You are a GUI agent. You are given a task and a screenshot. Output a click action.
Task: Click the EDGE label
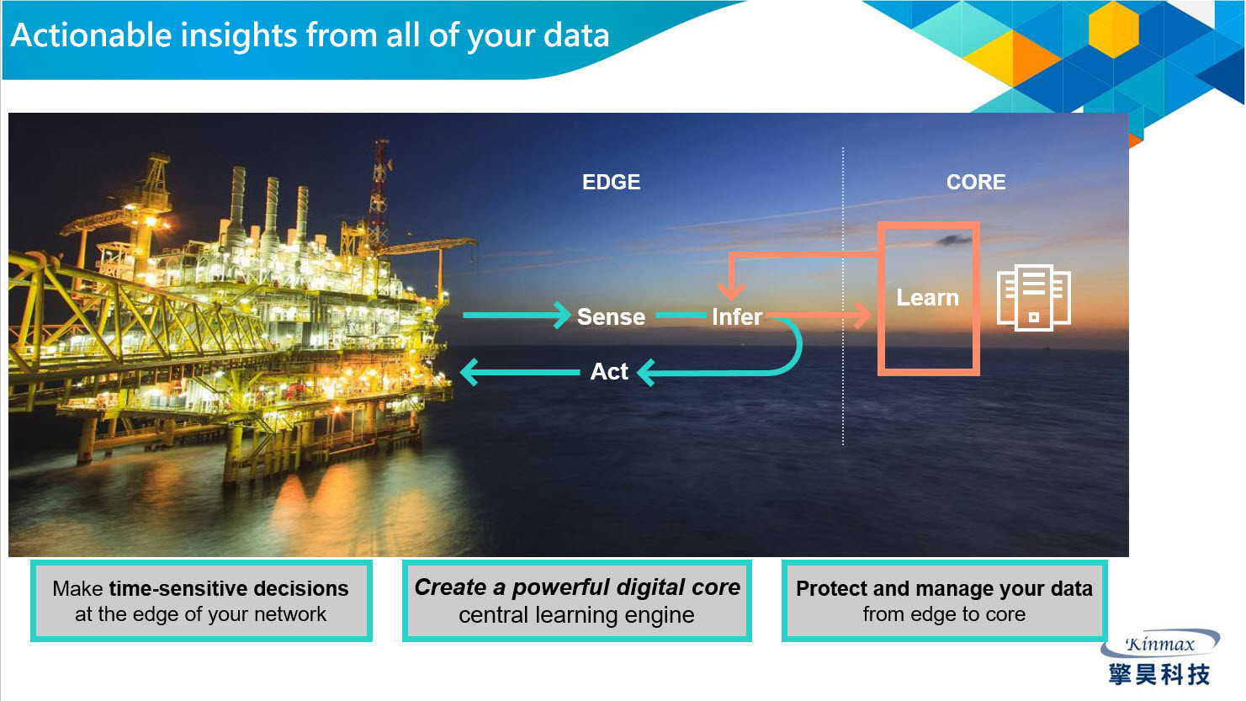(612, 182)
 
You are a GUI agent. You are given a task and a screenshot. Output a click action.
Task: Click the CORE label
(976, 182)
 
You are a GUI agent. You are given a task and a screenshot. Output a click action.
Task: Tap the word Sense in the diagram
(612, 316)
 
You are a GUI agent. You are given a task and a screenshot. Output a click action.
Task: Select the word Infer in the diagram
(737, 316)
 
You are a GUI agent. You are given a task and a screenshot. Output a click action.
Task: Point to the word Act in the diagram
(609, 371)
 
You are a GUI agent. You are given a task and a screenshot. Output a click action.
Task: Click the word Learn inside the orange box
(928, 298)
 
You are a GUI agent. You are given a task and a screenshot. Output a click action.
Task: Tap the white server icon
(1033, 298)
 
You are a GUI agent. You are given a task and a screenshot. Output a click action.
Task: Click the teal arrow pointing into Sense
(517, 316)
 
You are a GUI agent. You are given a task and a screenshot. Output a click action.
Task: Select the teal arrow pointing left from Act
(520, 372)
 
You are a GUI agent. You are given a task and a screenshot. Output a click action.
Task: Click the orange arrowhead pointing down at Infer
(731, 290)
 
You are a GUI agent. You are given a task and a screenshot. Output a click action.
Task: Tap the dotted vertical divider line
(843, 296)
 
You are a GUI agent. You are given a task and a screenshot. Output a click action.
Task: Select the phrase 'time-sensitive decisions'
(229, 588)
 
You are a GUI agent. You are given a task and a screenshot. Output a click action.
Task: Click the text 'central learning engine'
(577, 615)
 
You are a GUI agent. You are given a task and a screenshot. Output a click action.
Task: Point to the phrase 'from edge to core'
(944, 613)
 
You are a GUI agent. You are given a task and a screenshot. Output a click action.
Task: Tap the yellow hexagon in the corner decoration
(1114, 29)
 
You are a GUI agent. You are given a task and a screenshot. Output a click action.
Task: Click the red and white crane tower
(380, 192)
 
